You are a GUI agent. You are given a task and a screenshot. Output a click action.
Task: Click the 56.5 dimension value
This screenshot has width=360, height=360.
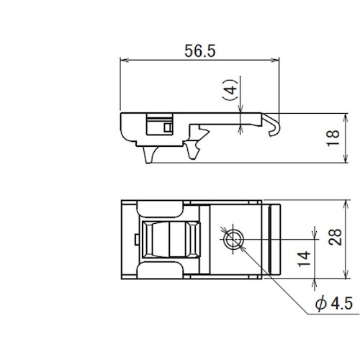tap(200, 51)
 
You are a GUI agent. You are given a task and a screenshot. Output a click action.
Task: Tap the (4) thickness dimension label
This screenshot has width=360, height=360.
tap(230, 90)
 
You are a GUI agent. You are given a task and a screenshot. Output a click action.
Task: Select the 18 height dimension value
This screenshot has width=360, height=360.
tap(333, 138)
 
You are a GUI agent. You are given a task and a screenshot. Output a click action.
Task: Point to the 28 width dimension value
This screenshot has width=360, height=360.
tap(335, 237)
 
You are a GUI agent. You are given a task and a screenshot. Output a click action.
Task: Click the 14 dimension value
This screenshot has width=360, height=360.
tap(304, 258)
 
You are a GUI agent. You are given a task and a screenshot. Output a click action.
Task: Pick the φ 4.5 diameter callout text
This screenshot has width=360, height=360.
tap(334, 303)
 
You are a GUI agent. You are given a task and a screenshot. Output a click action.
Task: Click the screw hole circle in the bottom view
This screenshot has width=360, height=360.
tap(233, 240)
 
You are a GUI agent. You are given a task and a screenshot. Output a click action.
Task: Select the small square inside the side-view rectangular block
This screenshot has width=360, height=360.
tap(168, 127)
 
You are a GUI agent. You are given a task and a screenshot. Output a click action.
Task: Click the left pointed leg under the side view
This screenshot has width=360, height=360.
tap(149, 156)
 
